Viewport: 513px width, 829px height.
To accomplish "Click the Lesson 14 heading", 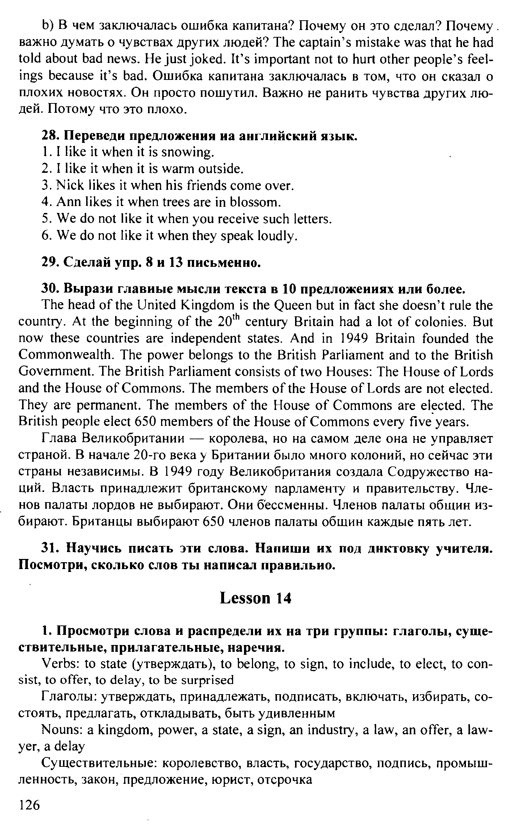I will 255,598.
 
